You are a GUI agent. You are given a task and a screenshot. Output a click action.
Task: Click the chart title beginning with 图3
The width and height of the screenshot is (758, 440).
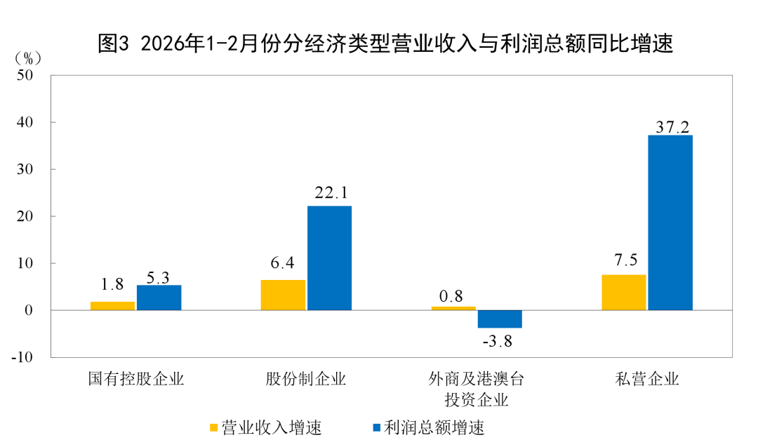click(385, 44)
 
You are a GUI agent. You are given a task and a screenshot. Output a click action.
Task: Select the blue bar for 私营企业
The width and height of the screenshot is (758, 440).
click(670, 222)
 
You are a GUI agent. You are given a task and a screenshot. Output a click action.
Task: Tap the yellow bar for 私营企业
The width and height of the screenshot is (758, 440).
click(624, 293)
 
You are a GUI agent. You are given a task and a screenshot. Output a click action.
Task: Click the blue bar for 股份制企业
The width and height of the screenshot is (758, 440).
click(329, 258)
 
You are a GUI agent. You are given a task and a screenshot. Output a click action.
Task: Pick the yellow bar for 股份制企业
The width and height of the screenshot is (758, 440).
click(283, 295)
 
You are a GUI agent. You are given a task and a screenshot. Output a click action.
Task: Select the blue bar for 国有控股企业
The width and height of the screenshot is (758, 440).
click(159, 298)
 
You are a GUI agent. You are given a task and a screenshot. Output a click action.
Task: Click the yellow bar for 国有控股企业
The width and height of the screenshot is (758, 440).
click(112, 306)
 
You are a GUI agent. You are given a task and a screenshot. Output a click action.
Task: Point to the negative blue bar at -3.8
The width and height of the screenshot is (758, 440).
click(500, 319)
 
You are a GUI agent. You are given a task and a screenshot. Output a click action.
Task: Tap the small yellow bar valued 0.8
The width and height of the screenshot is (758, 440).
click(453, 308)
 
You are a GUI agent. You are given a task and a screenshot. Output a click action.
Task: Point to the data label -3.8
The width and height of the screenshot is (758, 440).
click(498, 342)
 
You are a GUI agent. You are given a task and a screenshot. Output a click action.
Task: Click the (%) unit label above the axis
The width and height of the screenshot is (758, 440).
click(29, 57)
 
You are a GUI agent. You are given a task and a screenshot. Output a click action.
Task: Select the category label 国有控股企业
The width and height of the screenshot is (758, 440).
click(135, 380)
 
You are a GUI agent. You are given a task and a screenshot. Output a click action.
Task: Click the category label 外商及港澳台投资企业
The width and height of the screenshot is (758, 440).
click(477, 390)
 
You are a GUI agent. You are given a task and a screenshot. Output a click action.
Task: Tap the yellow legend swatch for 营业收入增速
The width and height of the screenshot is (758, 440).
click(213, 427)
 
